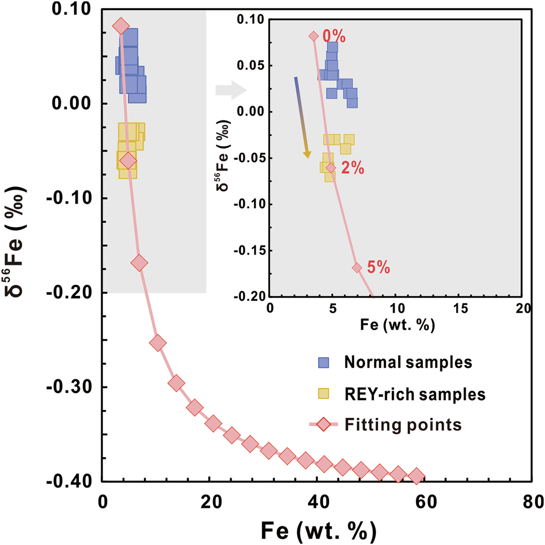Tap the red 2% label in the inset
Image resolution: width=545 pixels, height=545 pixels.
[352, 169]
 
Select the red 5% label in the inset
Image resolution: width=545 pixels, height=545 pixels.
[378, 268]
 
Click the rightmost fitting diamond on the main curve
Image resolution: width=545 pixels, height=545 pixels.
[417, 476]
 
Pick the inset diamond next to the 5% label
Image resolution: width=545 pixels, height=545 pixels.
[357, 268]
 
